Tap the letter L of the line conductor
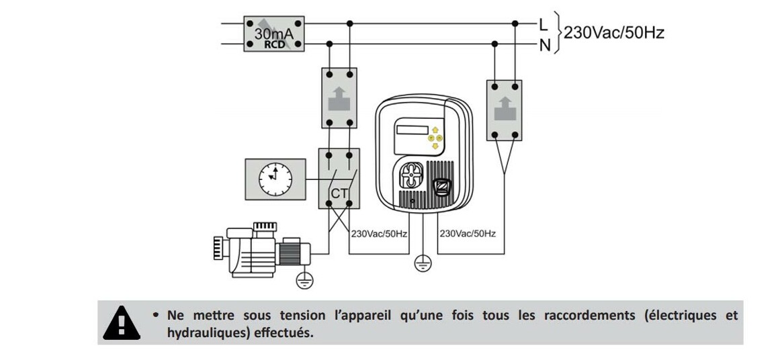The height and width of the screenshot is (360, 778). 544,24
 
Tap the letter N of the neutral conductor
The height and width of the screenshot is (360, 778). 544,45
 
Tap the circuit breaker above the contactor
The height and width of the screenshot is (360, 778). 339,98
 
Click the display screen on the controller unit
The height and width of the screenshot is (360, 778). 410,130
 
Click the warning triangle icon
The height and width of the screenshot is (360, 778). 122,322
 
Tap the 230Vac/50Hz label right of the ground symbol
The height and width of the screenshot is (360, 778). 468,234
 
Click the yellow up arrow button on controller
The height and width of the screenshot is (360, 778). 435,130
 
